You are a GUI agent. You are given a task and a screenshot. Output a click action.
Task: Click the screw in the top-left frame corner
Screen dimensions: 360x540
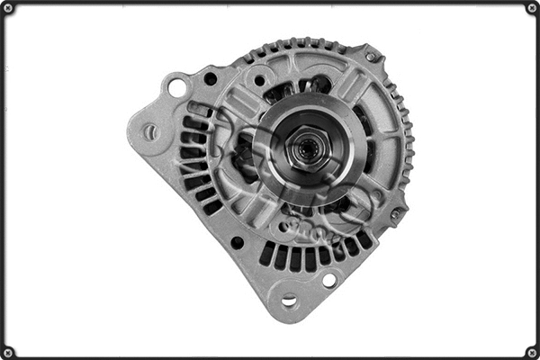pos(8,8)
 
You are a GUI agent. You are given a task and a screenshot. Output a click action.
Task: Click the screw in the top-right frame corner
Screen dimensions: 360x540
pos(531,8)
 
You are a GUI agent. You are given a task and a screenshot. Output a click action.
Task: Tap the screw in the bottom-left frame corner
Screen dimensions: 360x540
pos(8,351)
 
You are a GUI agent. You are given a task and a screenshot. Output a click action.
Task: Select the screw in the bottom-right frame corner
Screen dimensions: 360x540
pos(531,351)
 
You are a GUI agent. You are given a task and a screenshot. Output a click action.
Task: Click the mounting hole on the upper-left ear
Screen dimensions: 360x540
pos(176,87)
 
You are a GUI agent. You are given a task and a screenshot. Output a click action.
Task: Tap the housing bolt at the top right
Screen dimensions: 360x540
pos(370,56)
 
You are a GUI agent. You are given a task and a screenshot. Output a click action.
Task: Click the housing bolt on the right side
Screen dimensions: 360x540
pos(395,214)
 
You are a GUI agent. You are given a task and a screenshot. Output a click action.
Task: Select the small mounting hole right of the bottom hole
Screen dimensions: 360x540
pos(329,280)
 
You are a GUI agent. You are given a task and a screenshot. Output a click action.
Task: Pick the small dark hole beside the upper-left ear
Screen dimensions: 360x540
pos(211,79)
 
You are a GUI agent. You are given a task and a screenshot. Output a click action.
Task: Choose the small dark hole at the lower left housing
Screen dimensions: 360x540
pos(237,242)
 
